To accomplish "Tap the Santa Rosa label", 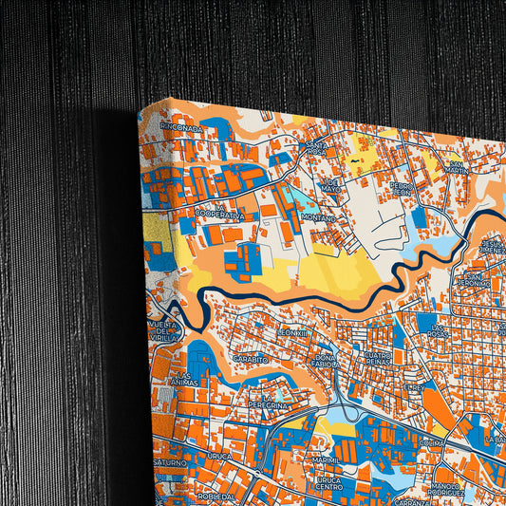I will [x=316, y=149].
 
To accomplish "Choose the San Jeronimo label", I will [x=473, y=278].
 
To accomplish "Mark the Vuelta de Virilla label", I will [x=162, y=328].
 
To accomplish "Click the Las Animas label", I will [x=183, y=379].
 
